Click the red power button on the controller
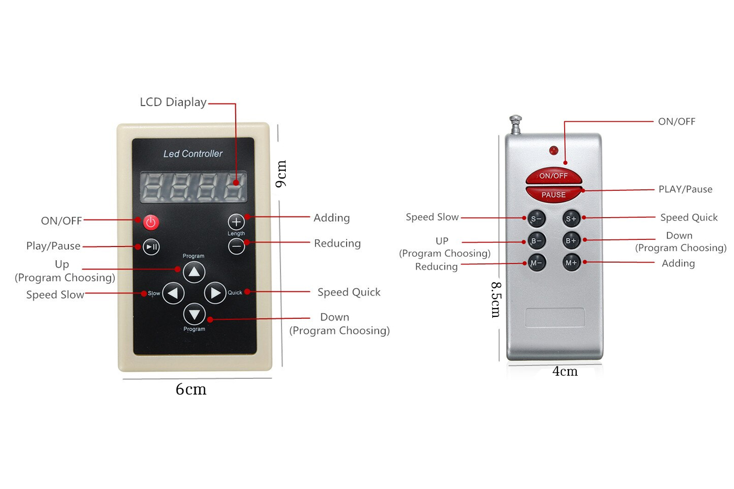[151, 222]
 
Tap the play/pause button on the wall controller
[152, 247]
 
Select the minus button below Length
[236, 246]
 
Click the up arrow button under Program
[194, 272]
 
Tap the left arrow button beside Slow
[174, 293]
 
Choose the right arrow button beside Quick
[215, 293]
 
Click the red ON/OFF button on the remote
[554, 176]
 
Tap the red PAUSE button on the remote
[554, 194]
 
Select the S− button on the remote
[536, 219]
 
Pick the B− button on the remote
[536, 241]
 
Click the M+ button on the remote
[571, 262]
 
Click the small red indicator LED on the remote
[554, 151]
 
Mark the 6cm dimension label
[191, 389]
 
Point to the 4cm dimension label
[565, 371]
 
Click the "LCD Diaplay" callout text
[173, 102]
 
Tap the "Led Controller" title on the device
[193, 154]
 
